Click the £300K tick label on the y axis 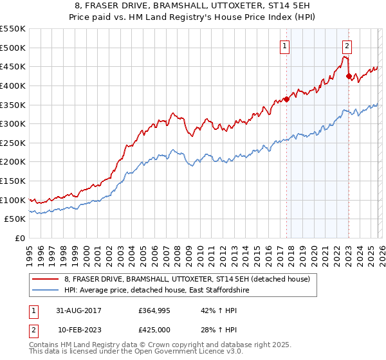(x=13, y=123)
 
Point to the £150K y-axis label (x=13, y=181)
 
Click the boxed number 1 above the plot (x=284, y=46)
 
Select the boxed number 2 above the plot (x=347, y=46)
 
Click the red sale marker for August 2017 (x=286, y=99)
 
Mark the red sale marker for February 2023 (x=348, y=76)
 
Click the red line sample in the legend (x=46, y=279)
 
